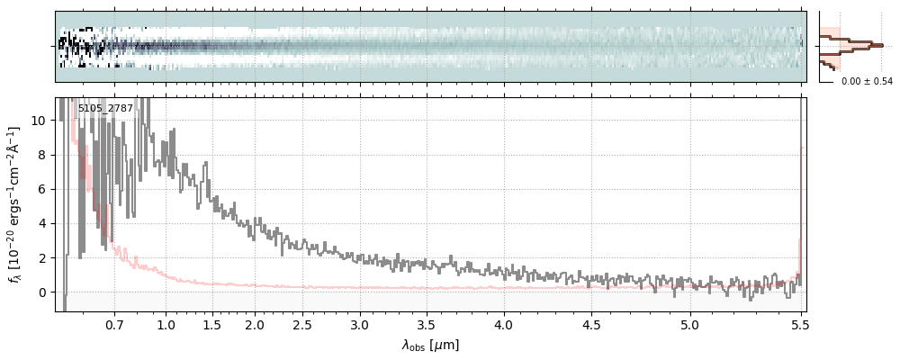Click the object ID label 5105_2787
click(x=105, y=108)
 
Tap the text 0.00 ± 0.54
click(x=867, y=82)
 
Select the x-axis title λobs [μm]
click(x=430, y=344)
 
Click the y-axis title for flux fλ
click(x=15, y=204)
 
